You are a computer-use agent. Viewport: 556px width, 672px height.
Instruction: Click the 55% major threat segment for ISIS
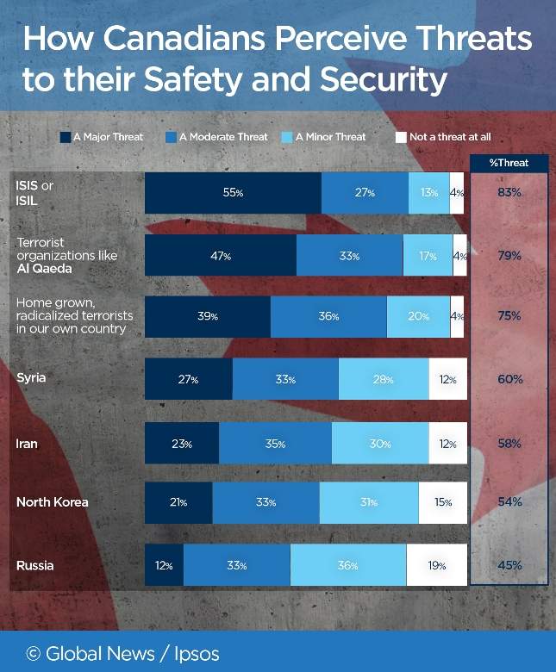[x=234, y=193]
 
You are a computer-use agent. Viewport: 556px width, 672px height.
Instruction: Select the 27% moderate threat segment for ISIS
[x=365, y=193]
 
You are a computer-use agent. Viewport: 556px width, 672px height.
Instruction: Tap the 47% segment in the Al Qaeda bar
[x=221, y=255]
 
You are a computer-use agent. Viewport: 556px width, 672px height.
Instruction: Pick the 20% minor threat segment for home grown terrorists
[x=418, y=317]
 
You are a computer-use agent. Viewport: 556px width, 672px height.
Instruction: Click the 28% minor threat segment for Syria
[x=384, y=379]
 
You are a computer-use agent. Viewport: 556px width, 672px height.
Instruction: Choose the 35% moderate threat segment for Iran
[x=275, y=443]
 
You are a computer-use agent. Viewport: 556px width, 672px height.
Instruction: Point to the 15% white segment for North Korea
[x=443, y=502]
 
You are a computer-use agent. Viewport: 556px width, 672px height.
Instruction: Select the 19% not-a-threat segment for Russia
[x=437, y=565]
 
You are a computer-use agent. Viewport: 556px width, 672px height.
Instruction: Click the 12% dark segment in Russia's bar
[x=164, y=565]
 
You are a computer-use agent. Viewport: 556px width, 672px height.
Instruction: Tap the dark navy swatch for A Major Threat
[x=66, y=137]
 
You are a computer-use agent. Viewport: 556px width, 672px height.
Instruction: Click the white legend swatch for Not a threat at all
[x=401, y=137]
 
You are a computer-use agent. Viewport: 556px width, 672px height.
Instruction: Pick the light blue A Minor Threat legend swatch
[x=287, y=137]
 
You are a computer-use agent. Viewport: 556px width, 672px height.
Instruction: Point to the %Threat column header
[x=509, y=163]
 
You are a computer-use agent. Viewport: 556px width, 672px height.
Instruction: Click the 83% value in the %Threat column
[x=509, y=192]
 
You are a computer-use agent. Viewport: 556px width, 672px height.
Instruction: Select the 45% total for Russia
[x=509, y=565]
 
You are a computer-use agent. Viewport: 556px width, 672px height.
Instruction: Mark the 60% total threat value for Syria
[x=510, y=379]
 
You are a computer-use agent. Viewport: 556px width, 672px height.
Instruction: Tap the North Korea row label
[x=53, y=502]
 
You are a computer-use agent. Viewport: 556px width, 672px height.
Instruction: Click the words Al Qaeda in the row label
[x=45, y=269]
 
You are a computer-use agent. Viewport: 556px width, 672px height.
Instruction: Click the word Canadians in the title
[x=184, y=38]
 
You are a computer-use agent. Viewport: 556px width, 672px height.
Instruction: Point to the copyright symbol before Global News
[x=34, y=654]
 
